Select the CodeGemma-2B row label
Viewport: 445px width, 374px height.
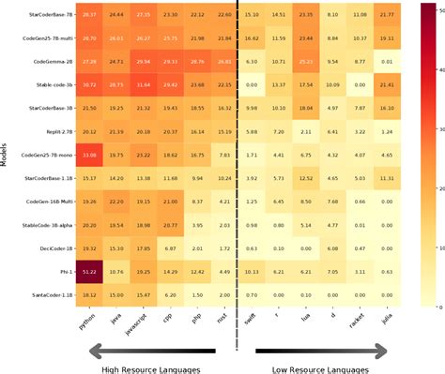37,60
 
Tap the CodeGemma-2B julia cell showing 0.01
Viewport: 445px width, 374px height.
387,60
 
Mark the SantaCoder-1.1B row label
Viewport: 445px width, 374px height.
37,295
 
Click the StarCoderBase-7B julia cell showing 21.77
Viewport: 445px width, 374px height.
387,14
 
